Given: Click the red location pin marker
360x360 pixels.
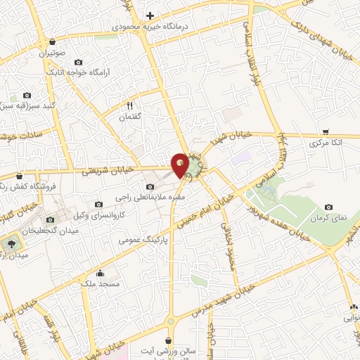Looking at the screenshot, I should [x=181, y=165].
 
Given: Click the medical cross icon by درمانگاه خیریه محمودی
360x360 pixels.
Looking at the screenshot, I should [x=150, y=15].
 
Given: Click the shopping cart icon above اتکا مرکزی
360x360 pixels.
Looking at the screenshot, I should [x=326, y=131].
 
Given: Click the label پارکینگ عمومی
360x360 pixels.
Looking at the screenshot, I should [x=148, y=240].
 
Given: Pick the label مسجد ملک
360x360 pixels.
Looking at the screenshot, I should [x=100, y=283].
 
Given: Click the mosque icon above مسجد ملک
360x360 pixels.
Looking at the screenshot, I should [x=100, y=274].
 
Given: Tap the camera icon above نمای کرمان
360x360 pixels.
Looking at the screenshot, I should [x=328, y=207].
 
